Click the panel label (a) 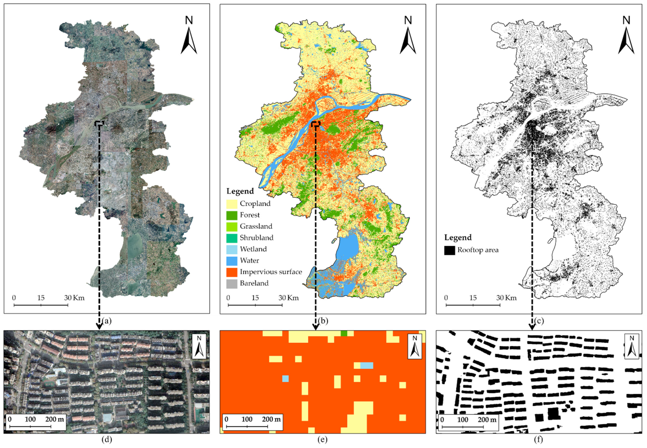click(107, 321)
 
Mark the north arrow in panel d click(199, 347)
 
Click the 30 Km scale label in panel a click(74, 298)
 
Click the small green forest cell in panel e click(344, 333)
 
